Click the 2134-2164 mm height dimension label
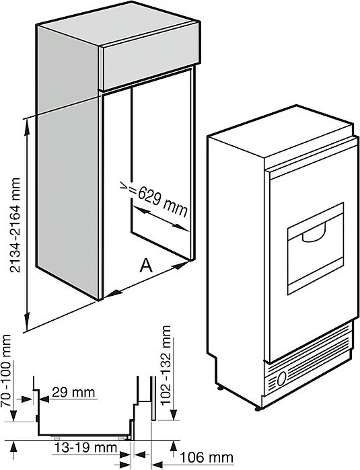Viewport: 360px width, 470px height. tap(15, 225)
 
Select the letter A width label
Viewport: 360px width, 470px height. tap(146, 266)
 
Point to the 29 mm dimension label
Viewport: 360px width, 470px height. tap(73, 392)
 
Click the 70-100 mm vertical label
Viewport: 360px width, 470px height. tap(7, 370)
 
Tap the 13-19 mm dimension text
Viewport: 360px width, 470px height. tap(85, 448)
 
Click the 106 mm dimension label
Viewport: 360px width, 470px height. tap(207, 458)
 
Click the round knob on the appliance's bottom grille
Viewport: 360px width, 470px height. tap(281, 379)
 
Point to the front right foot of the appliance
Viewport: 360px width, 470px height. tap(258, 408)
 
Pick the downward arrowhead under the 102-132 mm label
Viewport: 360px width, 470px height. tap(174, 414)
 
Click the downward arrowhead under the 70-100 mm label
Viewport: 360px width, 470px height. tap(13, 415)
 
